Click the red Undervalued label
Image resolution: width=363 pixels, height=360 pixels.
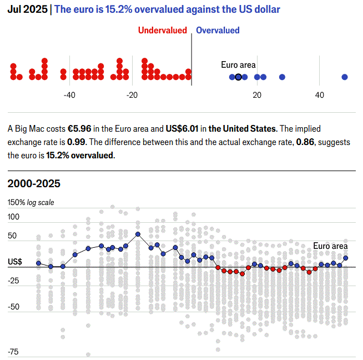click(162, 31)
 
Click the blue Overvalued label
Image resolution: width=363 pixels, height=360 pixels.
click(218, 31)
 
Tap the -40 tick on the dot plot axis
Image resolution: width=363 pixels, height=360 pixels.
click(69, 96)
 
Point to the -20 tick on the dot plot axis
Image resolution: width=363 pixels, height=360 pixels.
click(132, 96)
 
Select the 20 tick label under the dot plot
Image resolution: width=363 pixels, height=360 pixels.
click(257, 96)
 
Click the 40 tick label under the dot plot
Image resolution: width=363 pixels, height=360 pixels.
click(320, 96)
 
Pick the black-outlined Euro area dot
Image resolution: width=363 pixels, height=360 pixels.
click(238, 77)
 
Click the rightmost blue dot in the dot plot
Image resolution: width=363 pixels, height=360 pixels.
click(345, 77)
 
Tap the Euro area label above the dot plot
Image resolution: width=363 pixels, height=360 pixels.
click(238, 65)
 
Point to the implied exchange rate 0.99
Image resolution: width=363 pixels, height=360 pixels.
click(67, 142)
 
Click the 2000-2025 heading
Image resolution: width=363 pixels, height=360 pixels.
click(34, 184)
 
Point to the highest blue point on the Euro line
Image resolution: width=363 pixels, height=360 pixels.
click(138, 234)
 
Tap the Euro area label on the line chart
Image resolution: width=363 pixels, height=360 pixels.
click(330, 246)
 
